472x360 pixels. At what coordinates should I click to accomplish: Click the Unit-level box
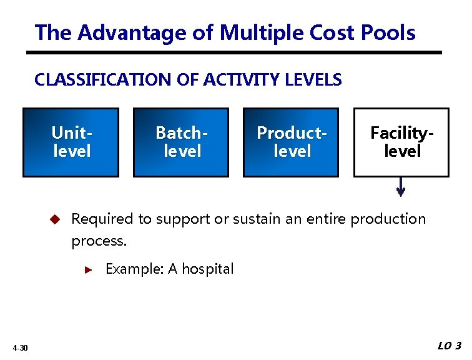[x=71, y=142]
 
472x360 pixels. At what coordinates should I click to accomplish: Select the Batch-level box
[x=181, y=142]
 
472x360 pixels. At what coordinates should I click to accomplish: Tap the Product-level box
[x=291, y=142]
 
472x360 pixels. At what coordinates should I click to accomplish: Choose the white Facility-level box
[x=401, y=142]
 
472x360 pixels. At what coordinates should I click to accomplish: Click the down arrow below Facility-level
[x=401, y=187]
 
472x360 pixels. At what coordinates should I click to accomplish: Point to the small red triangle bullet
[x=88, y=270]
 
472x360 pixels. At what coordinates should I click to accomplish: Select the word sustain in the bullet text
[x=255, y=219]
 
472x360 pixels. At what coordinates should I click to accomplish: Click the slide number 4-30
[x=19, y=347]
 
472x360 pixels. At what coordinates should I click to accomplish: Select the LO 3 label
[x=450, y=346]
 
